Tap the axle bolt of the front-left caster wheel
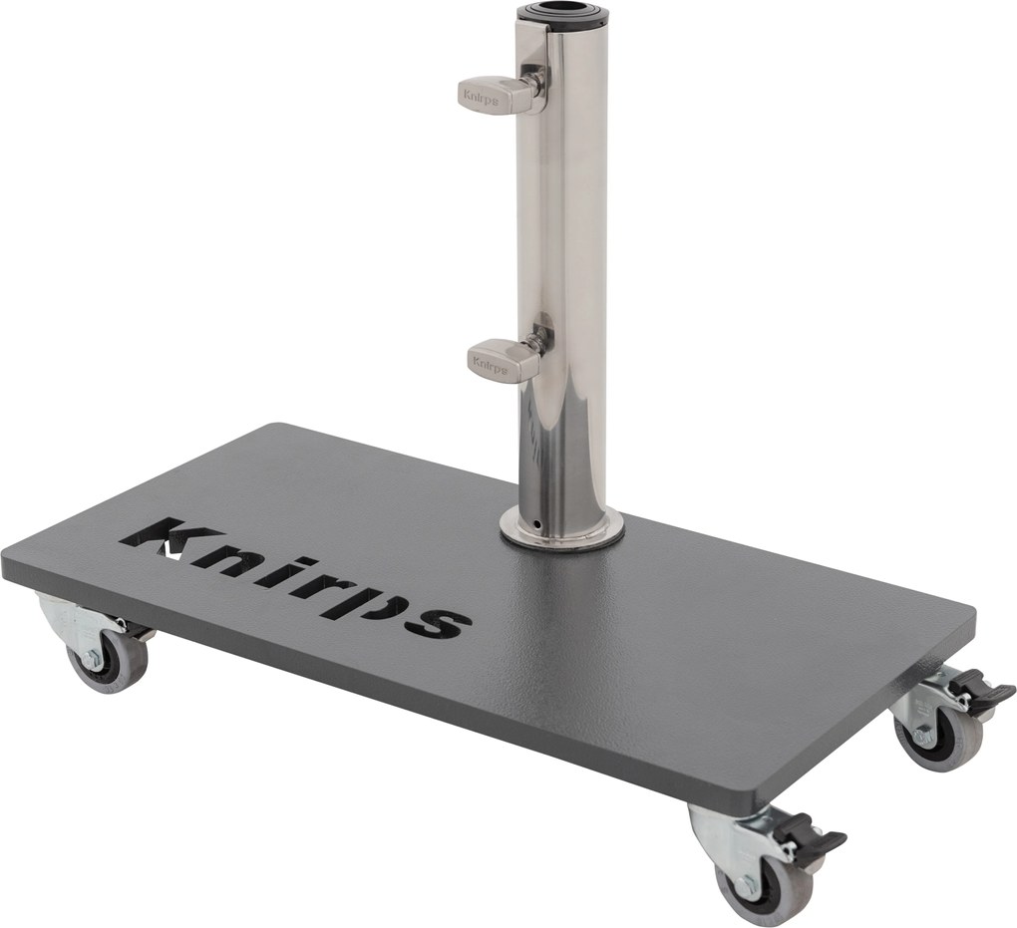tap(93, 659)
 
